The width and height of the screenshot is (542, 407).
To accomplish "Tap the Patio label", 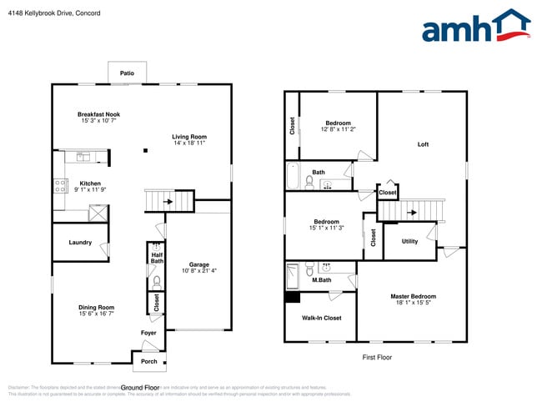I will coord(127,73).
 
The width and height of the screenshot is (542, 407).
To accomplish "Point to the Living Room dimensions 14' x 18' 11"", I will coord(189,143).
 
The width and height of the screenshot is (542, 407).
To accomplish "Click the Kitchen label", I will coord(90,183).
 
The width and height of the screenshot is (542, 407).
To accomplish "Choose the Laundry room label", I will coord(80,243).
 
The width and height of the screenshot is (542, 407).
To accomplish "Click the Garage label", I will coord(199,264).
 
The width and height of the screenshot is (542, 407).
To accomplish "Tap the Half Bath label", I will coord(157,259).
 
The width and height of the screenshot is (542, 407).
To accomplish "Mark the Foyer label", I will coord(148,333).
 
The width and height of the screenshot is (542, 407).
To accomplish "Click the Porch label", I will coord(149,361).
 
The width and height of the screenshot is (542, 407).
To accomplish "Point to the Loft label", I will coord(423,144).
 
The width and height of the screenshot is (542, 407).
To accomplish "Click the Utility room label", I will coord(409,242).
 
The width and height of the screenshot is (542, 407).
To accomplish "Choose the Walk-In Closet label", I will coord(321,318).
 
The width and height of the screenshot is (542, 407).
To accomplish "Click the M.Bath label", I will coord(322,280).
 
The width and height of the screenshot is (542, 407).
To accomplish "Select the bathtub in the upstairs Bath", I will coord(292,178).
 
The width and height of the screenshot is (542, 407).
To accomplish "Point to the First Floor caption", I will coord(376,357).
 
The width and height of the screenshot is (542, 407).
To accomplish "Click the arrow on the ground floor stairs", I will coord(170,201).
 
